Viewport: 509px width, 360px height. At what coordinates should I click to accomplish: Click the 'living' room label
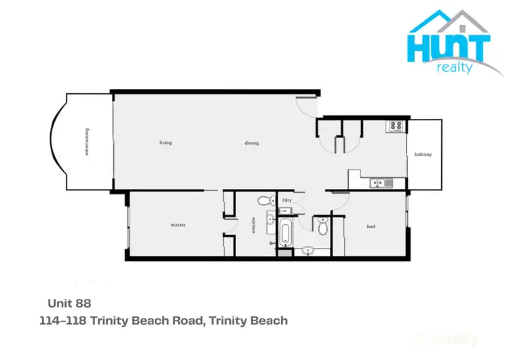[165, 143]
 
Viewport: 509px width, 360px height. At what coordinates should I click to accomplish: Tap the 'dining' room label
[252, 143]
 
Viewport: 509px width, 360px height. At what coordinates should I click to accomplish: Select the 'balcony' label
[423, 155]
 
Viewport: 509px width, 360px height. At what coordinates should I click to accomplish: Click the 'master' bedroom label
[178, 225]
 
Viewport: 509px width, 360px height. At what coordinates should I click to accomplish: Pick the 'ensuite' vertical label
[253, 225]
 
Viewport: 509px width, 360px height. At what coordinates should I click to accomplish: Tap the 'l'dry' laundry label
[286, 201]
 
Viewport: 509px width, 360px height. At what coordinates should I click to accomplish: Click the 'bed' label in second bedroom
[371, 226]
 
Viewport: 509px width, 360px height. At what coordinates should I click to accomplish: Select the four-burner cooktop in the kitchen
[396, 126]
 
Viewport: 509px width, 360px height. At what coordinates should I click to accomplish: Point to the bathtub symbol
[285, 233]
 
